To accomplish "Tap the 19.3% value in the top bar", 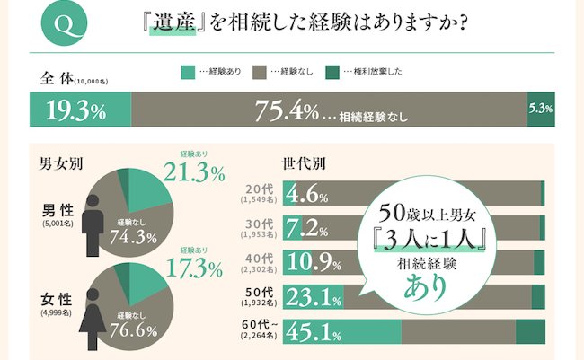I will [75, 112].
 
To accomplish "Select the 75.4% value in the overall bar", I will [287, 112].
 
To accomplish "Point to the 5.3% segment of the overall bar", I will [540, 110].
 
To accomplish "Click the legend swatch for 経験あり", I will [188, 71].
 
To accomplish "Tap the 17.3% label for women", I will [194, 268].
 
